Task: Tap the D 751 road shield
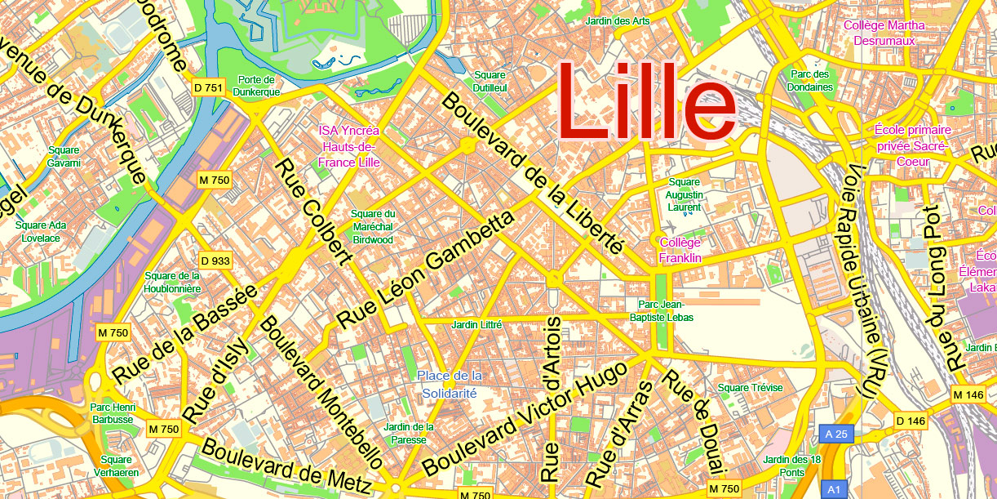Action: click(208, 87)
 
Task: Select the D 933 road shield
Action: click(215, 261)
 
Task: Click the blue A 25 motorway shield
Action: click(836, 434)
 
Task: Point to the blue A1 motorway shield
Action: click(834, 489)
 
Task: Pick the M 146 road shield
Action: click(968, 395)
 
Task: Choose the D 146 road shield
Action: click(911, 421)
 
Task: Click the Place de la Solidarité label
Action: click(450, 384)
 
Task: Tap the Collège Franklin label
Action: click(680, 250)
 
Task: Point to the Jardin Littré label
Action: click(477, 325)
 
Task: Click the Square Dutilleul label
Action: click(490, 82)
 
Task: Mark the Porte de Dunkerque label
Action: click(259, 86)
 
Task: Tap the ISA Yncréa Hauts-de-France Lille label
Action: click(349, 146)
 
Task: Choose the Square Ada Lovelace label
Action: click(41, 231)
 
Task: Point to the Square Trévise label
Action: click(750, 387)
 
